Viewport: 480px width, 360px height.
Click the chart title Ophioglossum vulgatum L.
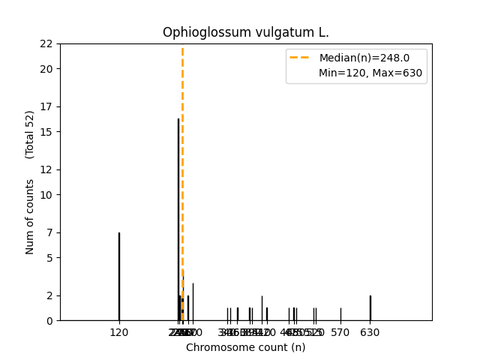coord(246,33)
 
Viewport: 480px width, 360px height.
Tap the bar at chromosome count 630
coord(370,307)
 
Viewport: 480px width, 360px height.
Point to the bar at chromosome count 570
coord(340,314)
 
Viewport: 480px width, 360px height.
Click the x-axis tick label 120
coord(118,332)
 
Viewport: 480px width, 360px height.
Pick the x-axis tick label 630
coord(370,332)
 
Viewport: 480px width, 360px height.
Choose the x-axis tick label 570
coord(340,332)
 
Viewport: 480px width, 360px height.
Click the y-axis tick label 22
coord(46,43)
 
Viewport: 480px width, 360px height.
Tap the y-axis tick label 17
coord(46,106)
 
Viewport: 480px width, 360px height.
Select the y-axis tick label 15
coord(46,132)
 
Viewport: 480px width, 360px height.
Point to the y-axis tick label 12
coord(46,169)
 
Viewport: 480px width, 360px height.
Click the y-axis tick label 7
coord(49,232)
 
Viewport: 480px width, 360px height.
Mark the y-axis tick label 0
coord(49,321)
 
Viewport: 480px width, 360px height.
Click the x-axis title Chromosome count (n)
coord(246,347)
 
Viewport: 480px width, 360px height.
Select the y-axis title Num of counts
coord(30,217)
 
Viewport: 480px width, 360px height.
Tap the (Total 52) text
coord(30,134)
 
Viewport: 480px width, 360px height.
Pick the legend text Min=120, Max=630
coord(370,73)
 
